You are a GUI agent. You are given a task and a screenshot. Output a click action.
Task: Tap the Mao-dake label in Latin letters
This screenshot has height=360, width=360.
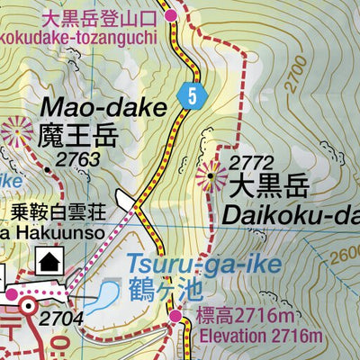click(103, 110)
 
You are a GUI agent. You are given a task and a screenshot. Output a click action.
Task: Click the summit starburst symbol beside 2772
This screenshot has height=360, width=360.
click(212, 176)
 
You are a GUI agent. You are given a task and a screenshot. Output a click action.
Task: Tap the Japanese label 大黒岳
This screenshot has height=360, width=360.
click(269, 188)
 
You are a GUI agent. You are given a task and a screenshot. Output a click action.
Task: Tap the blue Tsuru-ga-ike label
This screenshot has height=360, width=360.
click(203, 265)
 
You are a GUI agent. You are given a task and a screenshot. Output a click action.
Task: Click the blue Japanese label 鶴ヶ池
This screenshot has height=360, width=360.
click(164, 292)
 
